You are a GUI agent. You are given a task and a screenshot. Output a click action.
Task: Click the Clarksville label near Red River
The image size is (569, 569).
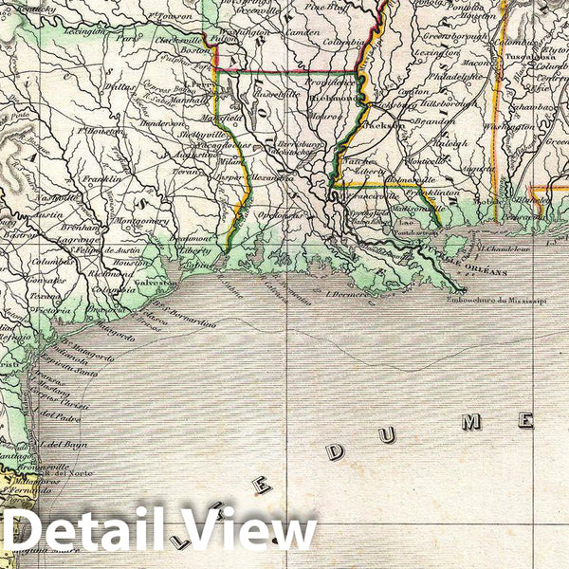click(x=176, y=42)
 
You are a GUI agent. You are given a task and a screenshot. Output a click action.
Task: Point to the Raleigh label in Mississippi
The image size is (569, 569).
click(x=449, y=144)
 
